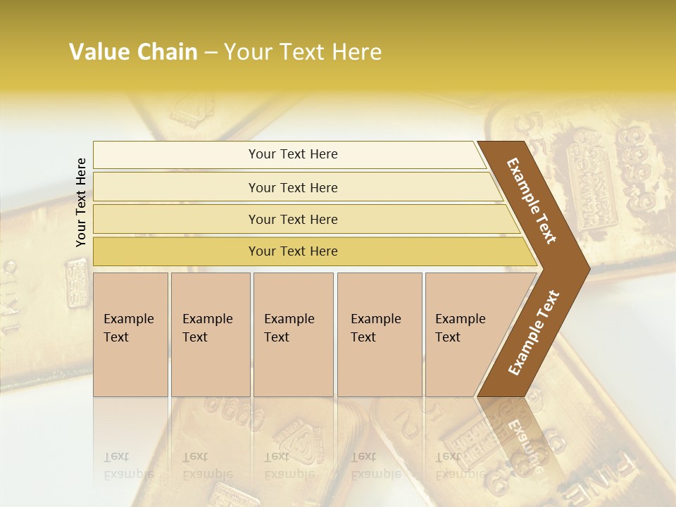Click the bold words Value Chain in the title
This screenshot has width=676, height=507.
point(133,52)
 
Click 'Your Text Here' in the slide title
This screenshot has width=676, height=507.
point(303,52)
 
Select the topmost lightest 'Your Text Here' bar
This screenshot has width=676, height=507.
point(292,154)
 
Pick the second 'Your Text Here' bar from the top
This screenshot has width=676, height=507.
point(292,187)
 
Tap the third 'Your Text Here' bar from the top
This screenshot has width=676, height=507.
point(292,219)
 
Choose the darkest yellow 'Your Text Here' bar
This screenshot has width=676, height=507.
point(292,251)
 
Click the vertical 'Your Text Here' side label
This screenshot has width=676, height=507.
point(81,202)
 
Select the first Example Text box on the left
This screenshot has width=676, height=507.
point(130,334)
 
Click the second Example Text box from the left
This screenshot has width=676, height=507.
point(211,334)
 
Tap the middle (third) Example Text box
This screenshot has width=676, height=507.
point(293,334)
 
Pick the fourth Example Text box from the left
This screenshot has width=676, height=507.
point(380,334)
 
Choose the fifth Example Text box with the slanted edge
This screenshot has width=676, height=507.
point(465,334)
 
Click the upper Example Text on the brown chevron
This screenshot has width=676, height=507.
point(532,201)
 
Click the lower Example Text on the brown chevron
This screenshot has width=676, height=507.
point(534,333)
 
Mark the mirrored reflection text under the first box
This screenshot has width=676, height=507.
point(128,465)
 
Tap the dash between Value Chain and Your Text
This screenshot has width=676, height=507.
point(211,53)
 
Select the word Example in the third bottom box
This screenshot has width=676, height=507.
point(289,319)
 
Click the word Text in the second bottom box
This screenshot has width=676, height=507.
point(195,337)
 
